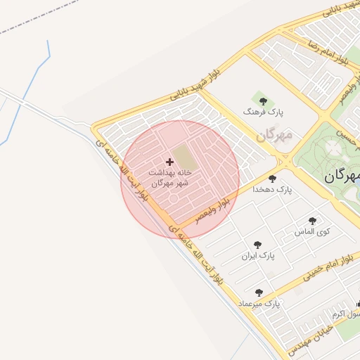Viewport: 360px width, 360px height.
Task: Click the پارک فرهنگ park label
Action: [263, 112]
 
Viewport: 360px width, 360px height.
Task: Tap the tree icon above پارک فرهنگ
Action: [263, 100]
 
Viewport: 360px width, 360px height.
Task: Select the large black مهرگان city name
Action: [342, 176]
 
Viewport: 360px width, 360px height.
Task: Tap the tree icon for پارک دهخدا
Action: [272, 179]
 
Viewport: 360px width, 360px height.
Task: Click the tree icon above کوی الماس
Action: [312, 220]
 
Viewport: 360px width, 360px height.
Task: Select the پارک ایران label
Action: [258, 256]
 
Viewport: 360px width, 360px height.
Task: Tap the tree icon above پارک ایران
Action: [258, 245]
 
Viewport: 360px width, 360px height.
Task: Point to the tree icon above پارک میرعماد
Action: [259, 292]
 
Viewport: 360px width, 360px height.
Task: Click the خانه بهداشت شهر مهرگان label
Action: [169, 176]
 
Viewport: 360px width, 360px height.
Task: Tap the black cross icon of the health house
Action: [169, 162]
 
